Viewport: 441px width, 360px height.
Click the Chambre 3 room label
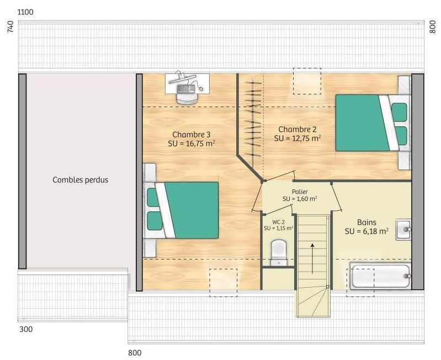click(x=192, y=134)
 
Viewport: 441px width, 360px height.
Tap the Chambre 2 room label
click(x=297, y=129)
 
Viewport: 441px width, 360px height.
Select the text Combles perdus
click(x=80, y=180)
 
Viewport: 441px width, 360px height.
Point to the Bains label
click(x=366, y=222)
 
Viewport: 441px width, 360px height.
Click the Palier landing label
click(x=300, y=192)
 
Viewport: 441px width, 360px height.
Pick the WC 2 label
click(x=278, y=222)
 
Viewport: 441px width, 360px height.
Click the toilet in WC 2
click(x=279, y=252)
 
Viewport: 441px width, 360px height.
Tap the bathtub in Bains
click(x=380, y=276)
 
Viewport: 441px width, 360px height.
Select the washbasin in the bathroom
click(x=403, y=230)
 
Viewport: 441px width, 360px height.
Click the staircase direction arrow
click(x=312, y=258)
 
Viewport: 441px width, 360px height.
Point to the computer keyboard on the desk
click(x=185, y=89)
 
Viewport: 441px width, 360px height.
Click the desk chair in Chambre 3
click(x=187, y=98)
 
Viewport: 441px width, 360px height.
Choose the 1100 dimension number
click(x=25, y=12)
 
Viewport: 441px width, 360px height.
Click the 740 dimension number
click(x=10, y=27)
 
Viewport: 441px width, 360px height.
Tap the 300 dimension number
click(x=26, y=329)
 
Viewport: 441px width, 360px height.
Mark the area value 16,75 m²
click(x=200, y=143)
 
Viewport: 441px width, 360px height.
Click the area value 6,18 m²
click(x=377, y=231)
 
